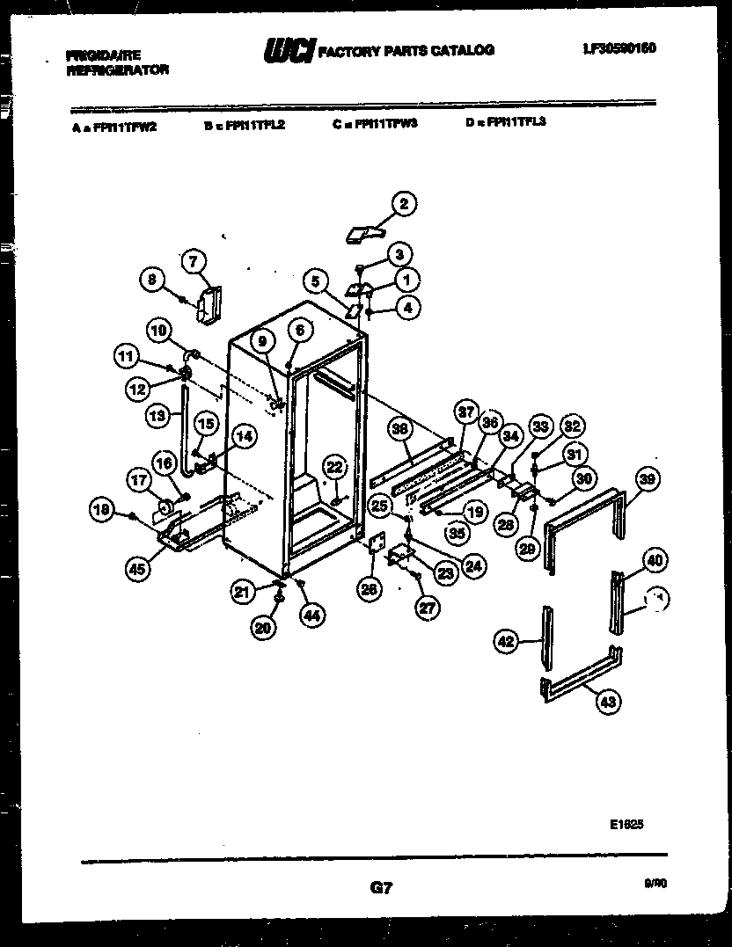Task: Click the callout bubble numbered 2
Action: coord(403,205)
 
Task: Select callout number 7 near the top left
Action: coord(194,259)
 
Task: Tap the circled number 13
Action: coord(157,416)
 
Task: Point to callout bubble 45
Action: coord(136,569)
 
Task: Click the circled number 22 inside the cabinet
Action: coord(334,467)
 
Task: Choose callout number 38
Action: coord(400,430)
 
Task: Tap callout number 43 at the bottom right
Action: coord(609,701)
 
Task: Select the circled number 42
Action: coord(506,643)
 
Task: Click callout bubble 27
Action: coord(427,606)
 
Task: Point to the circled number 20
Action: coord(262,627)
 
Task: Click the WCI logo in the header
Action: coord(288,53)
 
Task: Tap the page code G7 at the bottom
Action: coord(381,889)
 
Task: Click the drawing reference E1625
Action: coord(626,825)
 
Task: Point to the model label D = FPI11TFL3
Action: coord(505,123)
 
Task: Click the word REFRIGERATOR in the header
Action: coord(117,69)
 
